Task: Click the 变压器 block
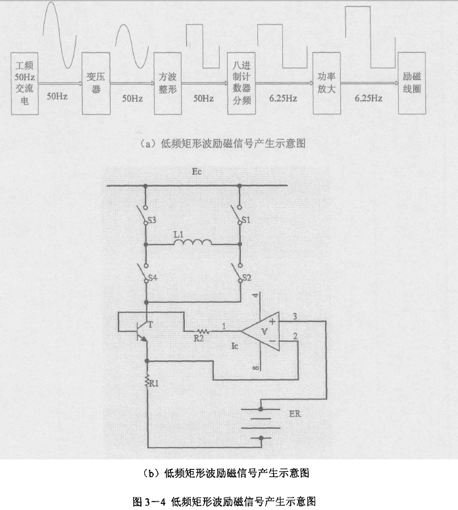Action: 96,84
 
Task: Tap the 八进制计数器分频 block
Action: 241,84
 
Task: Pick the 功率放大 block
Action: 326,84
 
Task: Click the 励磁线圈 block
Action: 412,84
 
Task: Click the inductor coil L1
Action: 192,243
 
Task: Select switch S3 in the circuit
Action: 143,215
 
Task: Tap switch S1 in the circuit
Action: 238,215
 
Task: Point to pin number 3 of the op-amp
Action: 295,317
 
